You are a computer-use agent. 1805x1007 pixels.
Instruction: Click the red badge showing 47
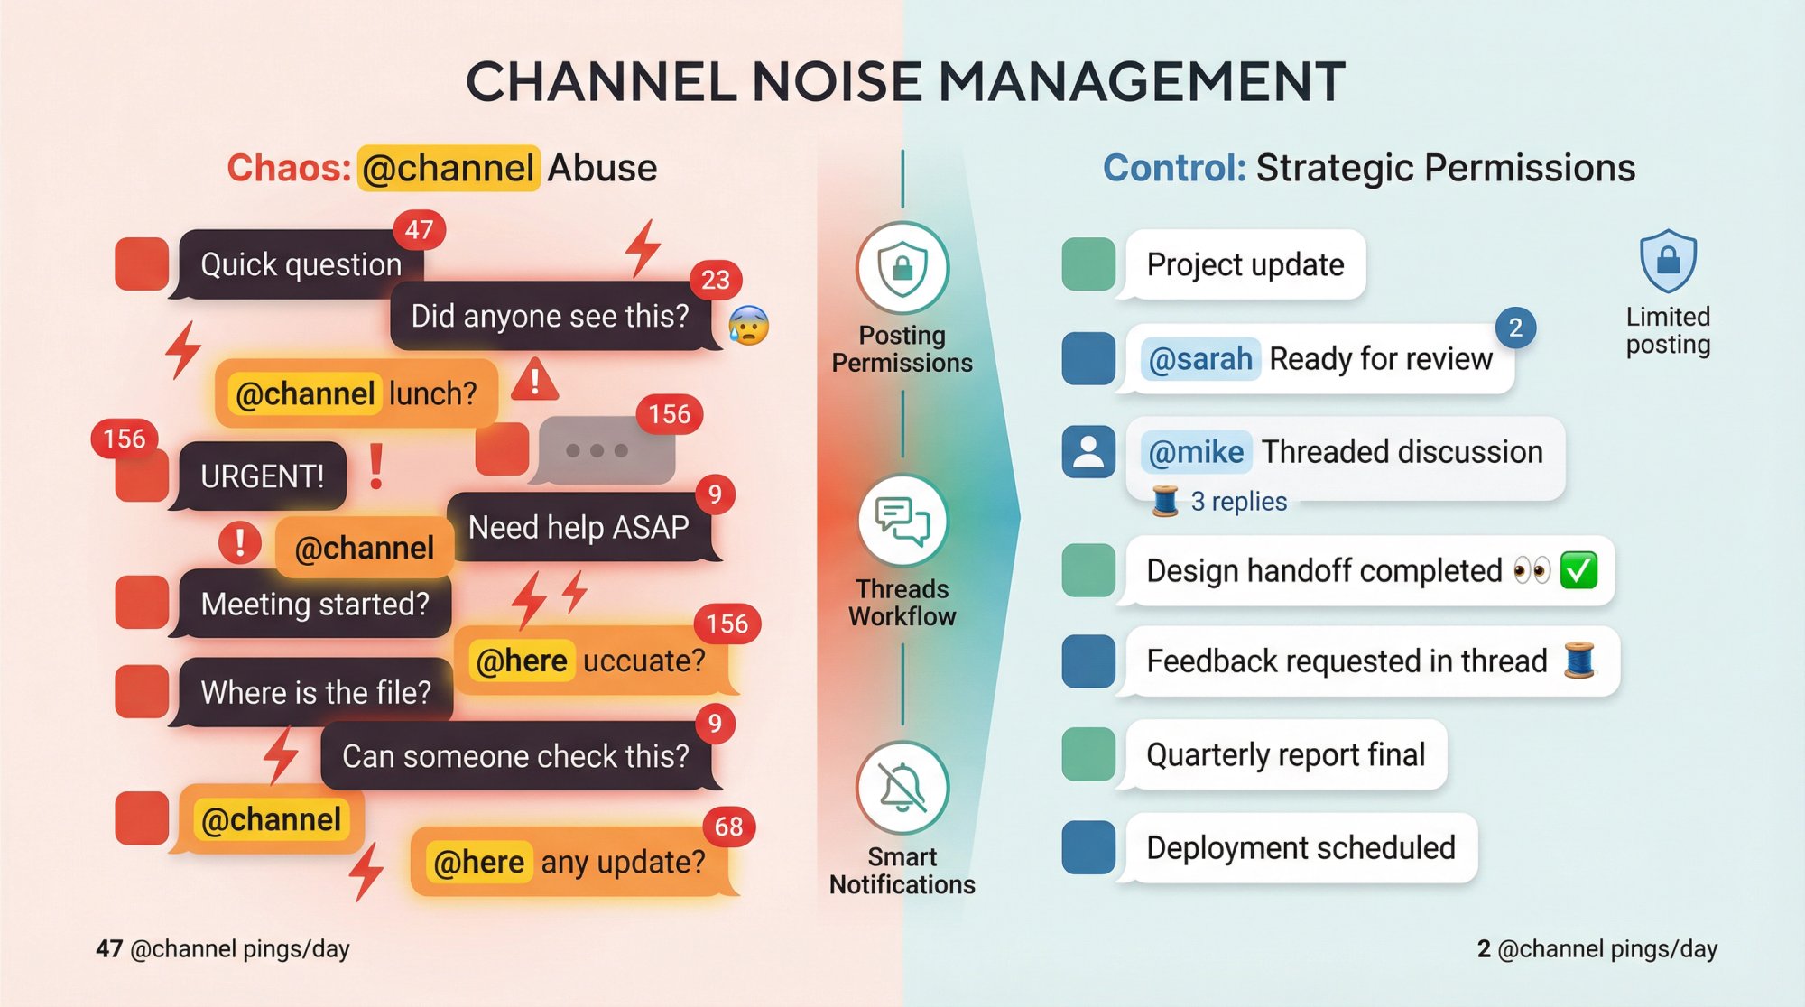pyautogui.click(x=419, y=230)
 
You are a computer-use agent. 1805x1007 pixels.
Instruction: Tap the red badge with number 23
pyautogui.click(x=716, y=281)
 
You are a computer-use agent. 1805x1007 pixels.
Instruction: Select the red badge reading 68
pyautogui.click(x=728, y=827)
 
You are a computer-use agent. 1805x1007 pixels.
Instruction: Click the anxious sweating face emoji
pyautogui.click(x=748, y=326)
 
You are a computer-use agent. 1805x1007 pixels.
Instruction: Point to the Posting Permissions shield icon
pyautogui.click(x=902, y=268)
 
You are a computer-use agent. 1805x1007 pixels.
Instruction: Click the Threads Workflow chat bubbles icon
pyautogui.click(x=902, y=521)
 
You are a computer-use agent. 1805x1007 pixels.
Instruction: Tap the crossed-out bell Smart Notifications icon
pyautogui.click(x=902, y=788)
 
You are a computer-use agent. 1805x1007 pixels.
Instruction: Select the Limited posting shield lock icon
pyautogui.click(x=1668, y=261)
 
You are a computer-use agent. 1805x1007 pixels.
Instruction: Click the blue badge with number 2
pyautogui.click(x=1515, y=328)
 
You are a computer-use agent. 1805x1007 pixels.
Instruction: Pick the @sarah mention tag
pyautogui.click(x=1200, y=359)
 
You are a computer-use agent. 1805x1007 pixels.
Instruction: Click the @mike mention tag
pyautogui.click(x=1196, y=452)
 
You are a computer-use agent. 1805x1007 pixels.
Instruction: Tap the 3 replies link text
pyautogui.click(x=1238, y=502)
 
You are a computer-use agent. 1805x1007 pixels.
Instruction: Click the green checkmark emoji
pyautogui.click(x=1578, y=570)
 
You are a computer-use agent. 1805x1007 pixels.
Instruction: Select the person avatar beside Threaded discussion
pyautogui.click(x=1088, y=451)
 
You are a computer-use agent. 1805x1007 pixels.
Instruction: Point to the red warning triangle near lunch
pyautogui.click(x=535, y=380)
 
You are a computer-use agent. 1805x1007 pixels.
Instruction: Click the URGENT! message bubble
pyautogui.click(x=262, y=476)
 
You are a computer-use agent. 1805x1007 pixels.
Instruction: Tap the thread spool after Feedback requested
pyautogui.click(x=1579, y=660)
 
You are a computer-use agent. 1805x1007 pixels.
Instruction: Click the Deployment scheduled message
pyautogui.click(x=1300, y=848)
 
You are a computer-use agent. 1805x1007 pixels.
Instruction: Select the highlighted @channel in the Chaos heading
pyautogui.click(x=449, y=168)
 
